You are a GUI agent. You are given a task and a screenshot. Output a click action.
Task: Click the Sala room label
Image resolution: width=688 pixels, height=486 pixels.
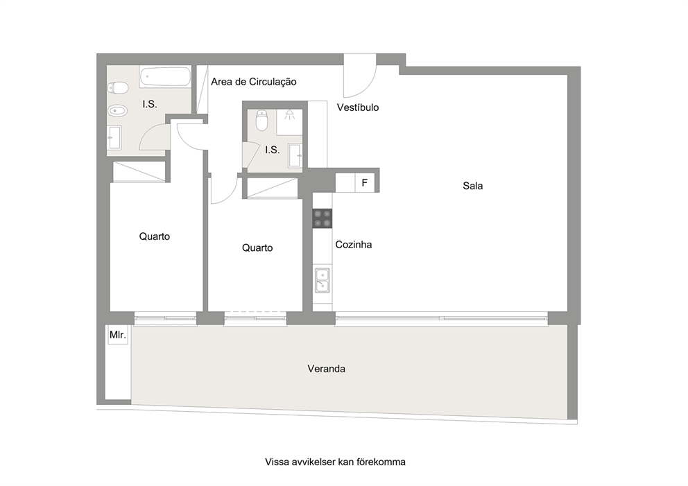pyautogui.click(x=473, y=186)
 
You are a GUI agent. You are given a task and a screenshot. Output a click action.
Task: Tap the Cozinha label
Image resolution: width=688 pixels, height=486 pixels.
pyautogui.click(x=354, y=245)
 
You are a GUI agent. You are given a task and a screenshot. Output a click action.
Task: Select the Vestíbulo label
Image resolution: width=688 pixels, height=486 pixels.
pyautogui.click(x=358, y=107)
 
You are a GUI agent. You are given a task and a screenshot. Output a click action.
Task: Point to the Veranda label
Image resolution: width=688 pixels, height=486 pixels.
pyautogui.click(x=327, y=369)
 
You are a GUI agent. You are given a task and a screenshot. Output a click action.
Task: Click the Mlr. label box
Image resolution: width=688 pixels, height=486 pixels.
pyautogui.click(x=118, y=336)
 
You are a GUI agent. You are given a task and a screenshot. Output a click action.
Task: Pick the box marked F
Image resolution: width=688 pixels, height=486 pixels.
pyautogui.click(x=365, y=183)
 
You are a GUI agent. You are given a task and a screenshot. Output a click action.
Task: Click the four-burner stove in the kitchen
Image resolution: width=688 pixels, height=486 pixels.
pyautogui.click(x=322, y=218)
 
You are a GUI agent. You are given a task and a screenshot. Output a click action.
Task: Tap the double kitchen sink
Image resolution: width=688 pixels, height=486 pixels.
pyautogui.click(x=322, y=280)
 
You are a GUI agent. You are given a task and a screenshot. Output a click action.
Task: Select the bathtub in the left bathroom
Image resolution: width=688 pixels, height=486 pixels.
pyautogui.click(x=165, y=77)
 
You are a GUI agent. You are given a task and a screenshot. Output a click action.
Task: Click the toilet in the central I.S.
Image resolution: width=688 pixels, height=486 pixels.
pyautogui.click(x=261, y=121)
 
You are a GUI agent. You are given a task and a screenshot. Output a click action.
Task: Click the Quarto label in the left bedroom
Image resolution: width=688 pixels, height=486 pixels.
pyautogui.click(x=155, y=236)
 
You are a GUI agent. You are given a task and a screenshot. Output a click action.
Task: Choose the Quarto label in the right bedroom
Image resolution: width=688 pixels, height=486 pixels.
pyautogui.click(x=257, y=248)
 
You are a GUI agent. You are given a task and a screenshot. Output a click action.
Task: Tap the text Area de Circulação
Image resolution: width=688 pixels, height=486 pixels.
pyautogui.click(x=254, y=82)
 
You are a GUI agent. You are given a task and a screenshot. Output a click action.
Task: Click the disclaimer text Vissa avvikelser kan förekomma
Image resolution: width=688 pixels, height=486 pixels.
pyautogui.click(x=335, y=462)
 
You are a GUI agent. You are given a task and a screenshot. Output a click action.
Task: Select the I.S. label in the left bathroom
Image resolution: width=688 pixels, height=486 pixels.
pyautogui.click(x=150, y=105)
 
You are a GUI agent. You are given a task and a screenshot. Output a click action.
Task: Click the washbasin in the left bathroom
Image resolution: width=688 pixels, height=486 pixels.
pyautogui.click(x=115, y=137)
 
